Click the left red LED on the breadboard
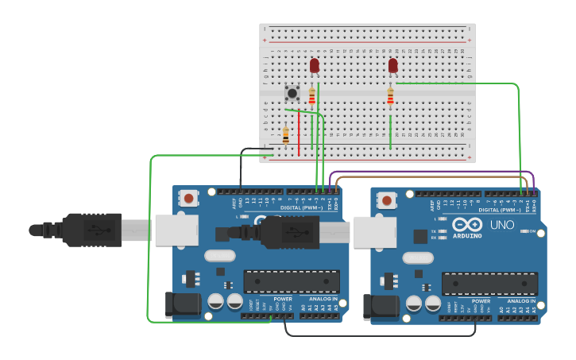315,65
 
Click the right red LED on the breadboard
392,65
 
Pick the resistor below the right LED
390,96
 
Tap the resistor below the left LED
311,96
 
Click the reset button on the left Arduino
188,198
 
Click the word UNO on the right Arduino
503,225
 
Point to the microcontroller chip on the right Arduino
489,283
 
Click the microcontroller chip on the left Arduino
292,281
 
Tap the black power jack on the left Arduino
182,305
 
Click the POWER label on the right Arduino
481,301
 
